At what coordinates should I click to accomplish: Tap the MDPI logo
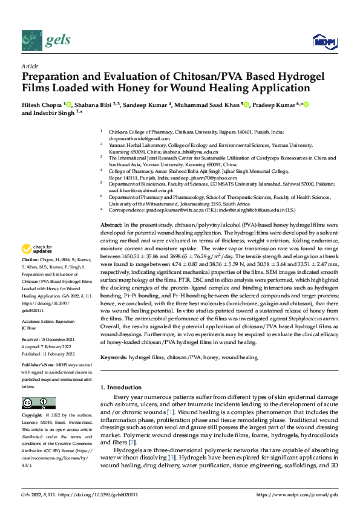[323, 41]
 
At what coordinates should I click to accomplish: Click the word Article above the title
[29, 66]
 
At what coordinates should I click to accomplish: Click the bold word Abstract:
[111, 224]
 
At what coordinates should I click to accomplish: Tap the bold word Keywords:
[113, 358]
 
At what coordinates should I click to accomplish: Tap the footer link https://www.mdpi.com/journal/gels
[301, 494]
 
